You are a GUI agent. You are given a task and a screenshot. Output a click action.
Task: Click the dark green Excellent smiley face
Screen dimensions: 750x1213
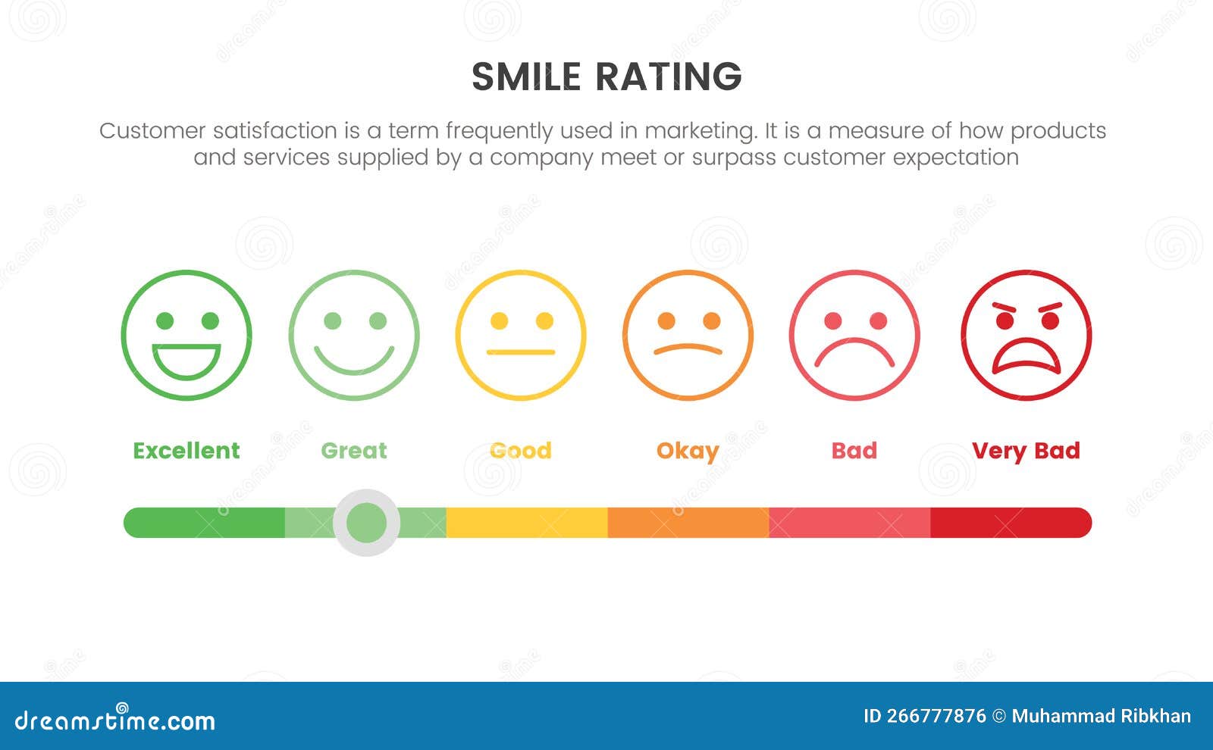(186, 335)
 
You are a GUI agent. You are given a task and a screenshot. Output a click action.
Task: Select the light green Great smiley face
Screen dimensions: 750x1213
(354, 335)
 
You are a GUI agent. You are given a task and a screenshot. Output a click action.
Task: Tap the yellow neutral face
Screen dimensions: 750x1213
(521, 335)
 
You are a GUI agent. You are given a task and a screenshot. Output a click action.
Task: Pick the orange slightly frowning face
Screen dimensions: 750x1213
(688, 335)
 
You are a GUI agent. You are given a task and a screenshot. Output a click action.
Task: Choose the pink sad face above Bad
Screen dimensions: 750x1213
(854, 335)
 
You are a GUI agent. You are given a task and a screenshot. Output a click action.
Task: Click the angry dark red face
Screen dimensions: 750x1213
(1027, 335)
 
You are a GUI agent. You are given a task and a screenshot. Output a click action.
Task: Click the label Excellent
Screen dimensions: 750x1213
(186, 451)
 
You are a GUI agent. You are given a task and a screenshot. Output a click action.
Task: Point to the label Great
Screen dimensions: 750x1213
(354, 451)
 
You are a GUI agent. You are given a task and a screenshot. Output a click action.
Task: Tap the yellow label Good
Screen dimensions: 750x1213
(521, 451)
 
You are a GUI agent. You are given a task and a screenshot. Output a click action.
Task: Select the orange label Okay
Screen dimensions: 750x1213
(688, 452)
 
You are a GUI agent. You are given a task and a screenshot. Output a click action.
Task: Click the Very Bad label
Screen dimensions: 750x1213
(1026, 451)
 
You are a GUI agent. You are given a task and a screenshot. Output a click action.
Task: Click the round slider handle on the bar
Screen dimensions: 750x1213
(367, 523)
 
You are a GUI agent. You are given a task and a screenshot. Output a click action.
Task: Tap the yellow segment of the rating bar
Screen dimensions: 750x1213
(527, 523)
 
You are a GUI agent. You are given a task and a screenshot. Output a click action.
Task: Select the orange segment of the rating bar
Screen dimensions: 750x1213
(688, 523)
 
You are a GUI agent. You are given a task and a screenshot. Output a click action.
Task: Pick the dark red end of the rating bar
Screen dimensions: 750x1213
(1011, 523)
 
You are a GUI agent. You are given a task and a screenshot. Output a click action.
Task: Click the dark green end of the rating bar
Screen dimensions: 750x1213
(205, 523)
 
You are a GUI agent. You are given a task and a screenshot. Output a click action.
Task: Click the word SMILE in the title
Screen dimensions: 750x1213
(526, 77)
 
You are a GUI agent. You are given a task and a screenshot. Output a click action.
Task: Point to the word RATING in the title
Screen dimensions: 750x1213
(669, 77)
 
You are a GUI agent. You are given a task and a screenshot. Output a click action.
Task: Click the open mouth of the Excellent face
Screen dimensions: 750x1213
(186, 361)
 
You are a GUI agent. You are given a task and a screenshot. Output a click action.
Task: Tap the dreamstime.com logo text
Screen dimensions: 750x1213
(115, 720)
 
